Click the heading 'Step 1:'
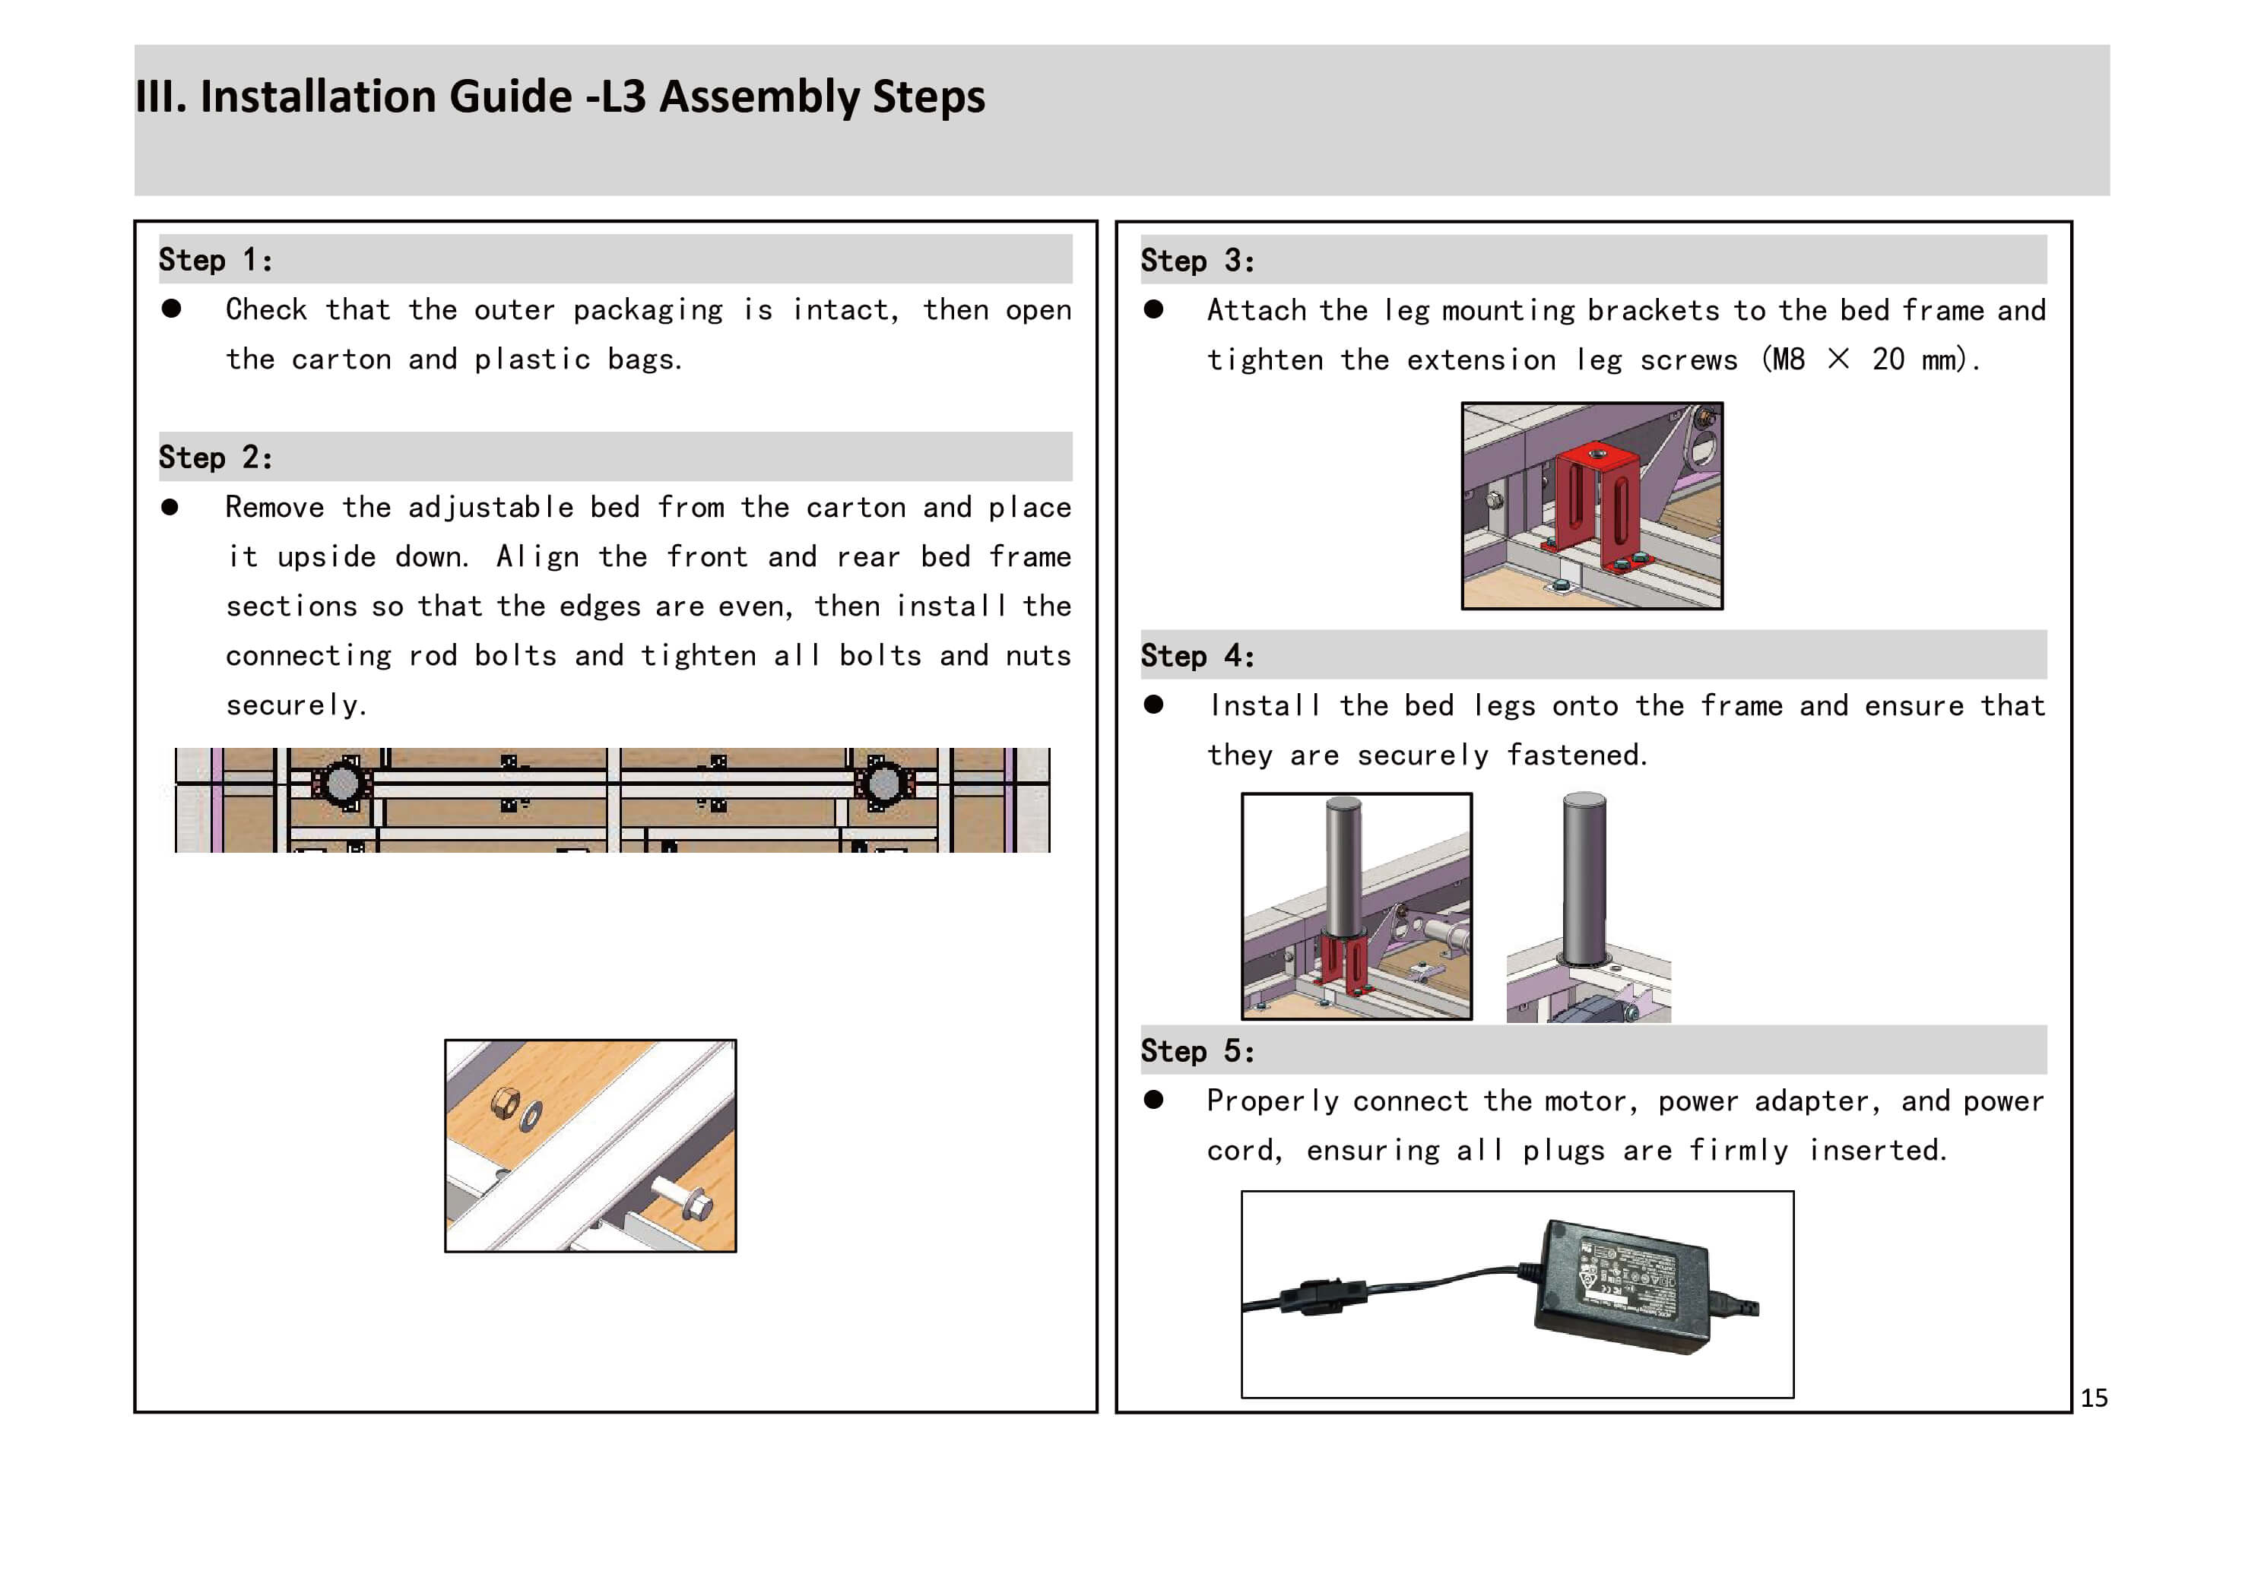pyautogui.click(x=215, y=260)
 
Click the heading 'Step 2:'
pyautogui.click(x=215, y=458)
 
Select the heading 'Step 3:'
pyautogui.click(x=1197, y=261)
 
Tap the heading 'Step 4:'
pyautogui.click(x=1197, y=656)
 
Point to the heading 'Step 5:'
pyautogui.click(x=1197, y=1052)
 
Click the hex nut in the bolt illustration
pyautogui.click(x=505, y=1103)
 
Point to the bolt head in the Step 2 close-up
pyautogui.click(x=698, y=1205)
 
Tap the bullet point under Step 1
pyautogui.click(x=171, y=309)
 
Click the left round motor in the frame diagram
pyautogui.click(x=341, y=783)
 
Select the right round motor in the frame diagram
pyautogui.click(x=883, y=783)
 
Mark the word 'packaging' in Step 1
pyautogui.click(x=647, y=310)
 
